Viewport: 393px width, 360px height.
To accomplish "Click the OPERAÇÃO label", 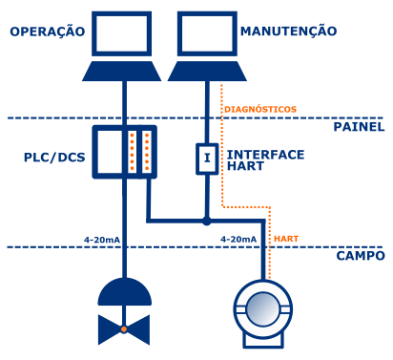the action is (x=48, y=31).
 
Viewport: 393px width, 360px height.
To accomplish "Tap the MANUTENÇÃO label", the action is (x=288, y=31).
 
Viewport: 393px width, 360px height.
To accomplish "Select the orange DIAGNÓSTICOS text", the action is (x=260, y=109).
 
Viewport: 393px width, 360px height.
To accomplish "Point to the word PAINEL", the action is (x=359, y=127).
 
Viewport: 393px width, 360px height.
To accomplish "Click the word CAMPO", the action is (x=361, y=256).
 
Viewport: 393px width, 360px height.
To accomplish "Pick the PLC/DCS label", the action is (x=54, y=158).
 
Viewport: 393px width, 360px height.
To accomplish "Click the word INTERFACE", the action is (x=265, y=155).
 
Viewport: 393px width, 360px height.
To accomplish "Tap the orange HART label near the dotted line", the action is (x=286, y=239).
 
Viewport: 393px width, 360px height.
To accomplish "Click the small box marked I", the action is (x=207, y=159).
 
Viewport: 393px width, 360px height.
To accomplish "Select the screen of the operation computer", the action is (x=121, y=33).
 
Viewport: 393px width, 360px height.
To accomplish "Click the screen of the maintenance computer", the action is (x=207, y=33).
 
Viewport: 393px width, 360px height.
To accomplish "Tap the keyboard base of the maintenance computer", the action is (x=207, y=72).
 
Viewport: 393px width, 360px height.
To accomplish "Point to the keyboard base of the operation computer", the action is (x=121, y=72).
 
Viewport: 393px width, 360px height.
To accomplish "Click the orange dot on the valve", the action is (x=124, y=329).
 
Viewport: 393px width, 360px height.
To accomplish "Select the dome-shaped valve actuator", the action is (x=124, y=292).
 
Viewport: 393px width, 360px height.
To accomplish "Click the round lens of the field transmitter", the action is (x=262, y=308).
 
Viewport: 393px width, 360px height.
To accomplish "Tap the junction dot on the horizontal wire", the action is (x=207, y=220).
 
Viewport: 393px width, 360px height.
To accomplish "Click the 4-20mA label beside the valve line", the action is (x=102, y=240).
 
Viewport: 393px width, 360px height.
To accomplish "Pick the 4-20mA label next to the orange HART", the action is (x=238, y=239).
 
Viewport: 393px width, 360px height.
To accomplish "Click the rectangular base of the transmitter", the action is (x=263, y=340).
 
